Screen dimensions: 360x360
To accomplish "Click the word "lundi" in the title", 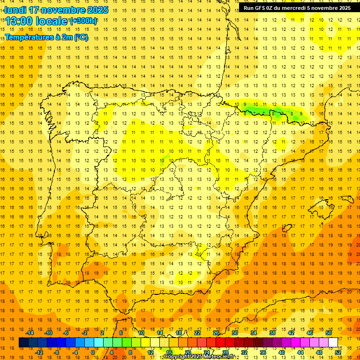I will tap(15, 10).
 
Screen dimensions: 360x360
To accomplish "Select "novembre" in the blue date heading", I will tap(63, 10).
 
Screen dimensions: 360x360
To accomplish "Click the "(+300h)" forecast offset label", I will tap(83, 21).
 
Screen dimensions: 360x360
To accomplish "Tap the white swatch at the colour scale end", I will tap(333, 343).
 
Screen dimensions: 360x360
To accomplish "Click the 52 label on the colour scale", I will tap(338, 352).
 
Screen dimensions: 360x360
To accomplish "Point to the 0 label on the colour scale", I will tap(93, 352).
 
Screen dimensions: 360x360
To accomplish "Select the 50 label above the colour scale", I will tap(329, 333).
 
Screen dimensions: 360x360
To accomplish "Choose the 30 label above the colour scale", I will tap(234, 333).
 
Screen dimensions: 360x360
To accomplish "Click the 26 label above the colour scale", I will tap(216, 333).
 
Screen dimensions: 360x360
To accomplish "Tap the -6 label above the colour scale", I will tap(66, 333).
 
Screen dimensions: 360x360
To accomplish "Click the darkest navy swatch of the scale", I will tap(23, 343).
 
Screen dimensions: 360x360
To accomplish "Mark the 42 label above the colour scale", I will tap(291, 333).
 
